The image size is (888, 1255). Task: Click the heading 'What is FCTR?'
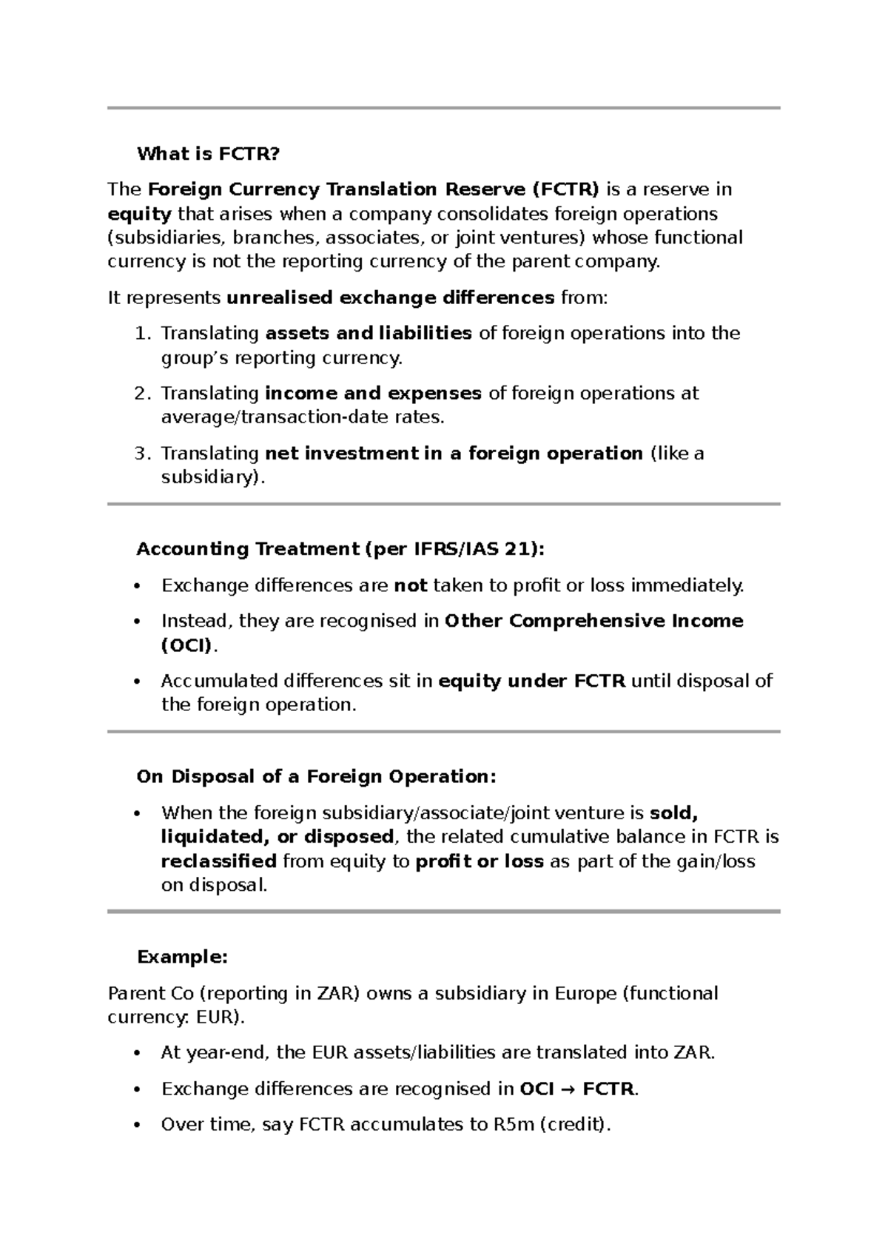(209, 154)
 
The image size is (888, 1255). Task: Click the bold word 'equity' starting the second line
(139, 214)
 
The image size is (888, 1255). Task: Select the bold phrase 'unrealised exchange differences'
(390, 297)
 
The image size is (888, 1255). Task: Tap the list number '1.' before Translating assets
(143, 333)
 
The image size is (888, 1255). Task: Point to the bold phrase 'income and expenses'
(373, 393)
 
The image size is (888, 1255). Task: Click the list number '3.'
(143, 453)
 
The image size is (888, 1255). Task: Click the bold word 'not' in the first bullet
(411, 586)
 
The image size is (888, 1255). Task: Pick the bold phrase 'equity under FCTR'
(532, 681)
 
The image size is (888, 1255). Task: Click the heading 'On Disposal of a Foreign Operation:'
(316, 777)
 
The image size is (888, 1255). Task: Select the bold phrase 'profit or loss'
(480, 861)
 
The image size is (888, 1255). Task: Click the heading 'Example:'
(182, 957)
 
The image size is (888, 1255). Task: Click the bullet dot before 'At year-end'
(136, 1054)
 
